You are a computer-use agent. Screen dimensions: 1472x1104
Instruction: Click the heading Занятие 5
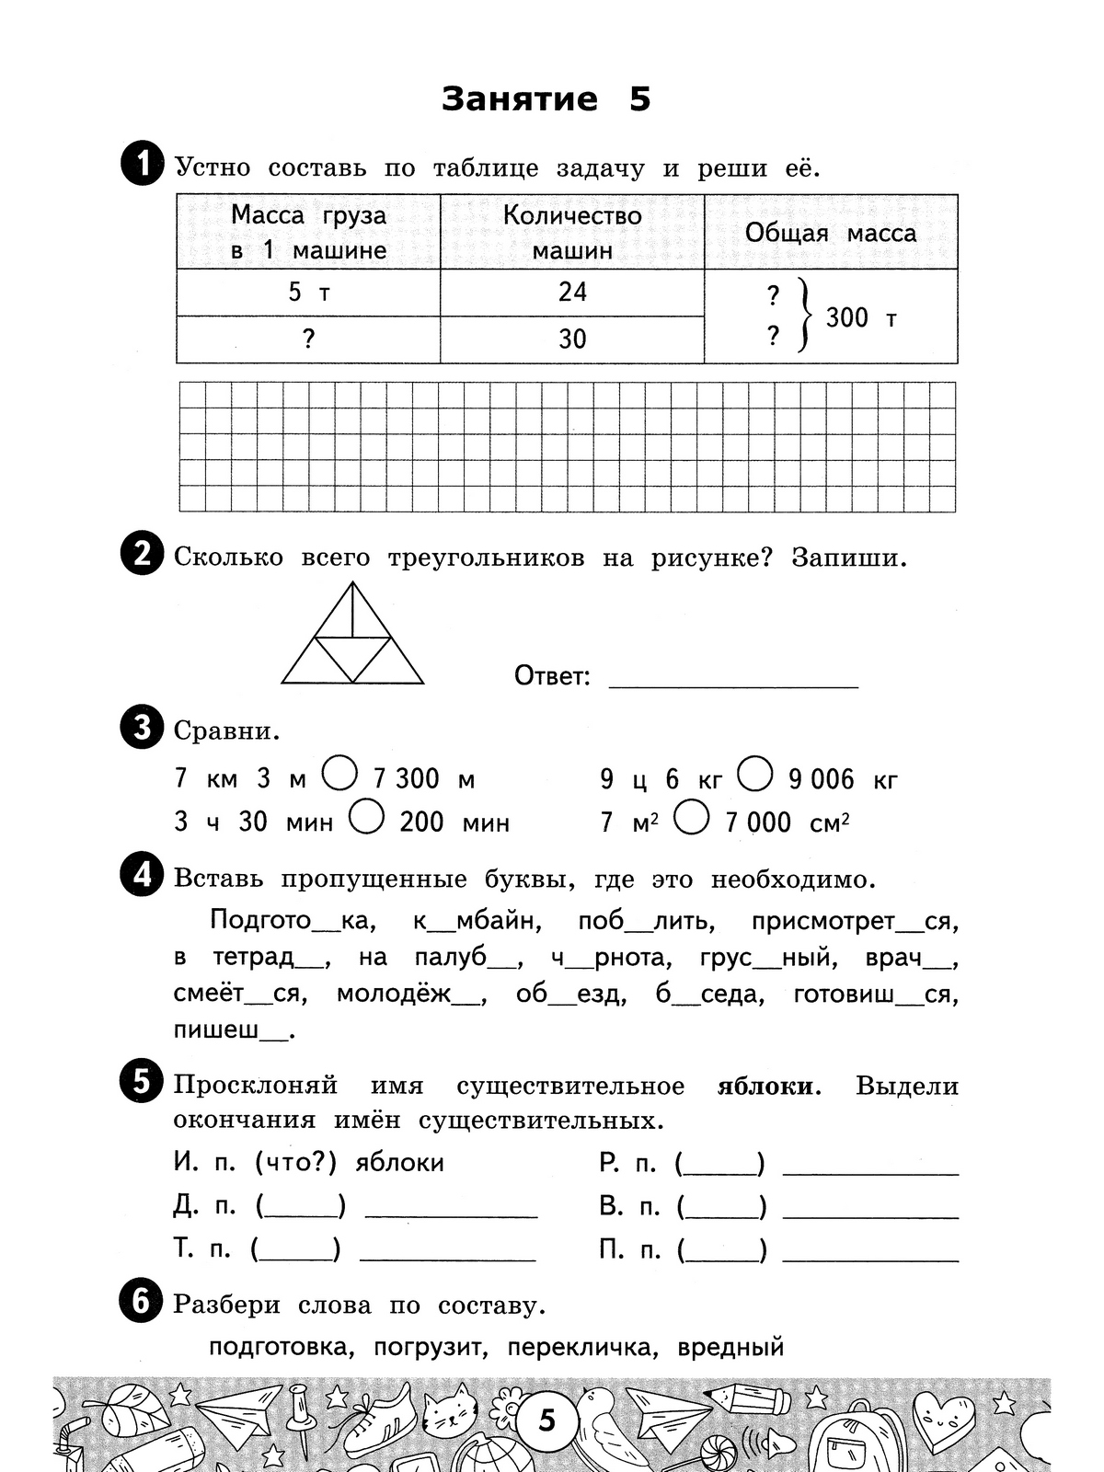click(546, 99)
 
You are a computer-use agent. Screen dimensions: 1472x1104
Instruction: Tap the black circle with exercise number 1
click(143, 167)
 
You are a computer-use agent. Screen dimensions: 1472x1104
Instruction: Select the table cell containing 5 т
click(308, 293)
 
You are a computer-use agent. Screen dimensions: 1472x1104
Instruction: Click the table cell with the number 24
click(572, 293)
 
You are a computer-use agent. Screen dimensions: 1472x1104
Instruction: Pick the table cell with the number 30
click(572, 339)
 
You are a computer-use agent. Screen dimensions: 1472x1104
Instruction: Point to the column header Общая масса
click(831, 233)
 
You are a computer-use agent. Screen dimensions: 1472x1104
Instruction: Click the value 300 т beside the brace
click(860, 317)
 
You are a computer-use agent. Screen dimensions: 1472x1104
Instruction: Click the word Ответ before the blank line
click(551, 676)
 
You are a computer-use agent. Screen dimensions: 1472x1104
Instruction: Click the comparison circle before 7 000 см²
click(692, 817)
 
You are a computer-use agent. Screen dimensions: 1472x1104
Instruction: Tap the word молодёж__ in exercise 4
click(409, 995)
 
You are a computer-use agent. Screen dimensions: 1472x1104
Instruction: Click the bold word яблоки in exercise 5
click(765, 1087)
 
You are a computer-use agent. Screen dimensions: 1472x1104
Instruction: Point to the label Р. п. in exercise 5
click(627, 1164)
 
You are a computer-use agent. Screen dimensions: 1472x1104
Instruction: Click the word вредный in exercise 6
click(730, 1348)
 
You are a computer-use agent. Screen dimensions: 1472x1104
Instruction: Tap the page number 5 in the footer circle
click(547, 1420)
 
